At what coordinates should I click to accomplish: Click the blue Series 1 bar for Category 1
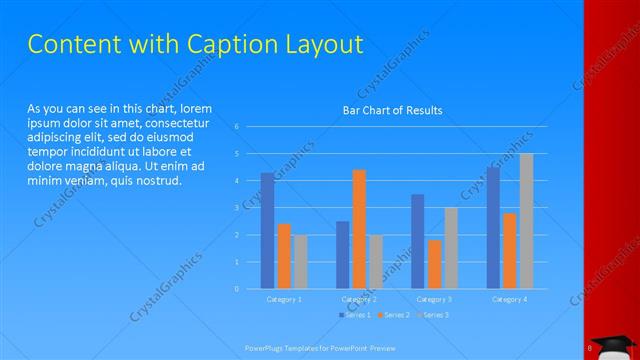tap(267, 231)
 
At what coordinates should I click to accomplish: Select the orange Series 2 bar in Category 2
tap(359, 229)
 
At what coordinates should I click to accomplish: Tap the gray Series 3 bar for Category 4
tap(526, 221)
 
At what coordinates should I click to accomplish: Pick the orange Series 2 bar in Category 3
tap(434, 264)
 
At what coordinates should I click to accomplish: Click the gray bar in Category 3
tap(451, 248)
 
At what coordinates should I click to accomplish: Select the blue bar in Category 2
tap(342, 255)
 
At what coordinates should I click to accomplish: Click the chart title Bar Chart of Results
tap(392, 110)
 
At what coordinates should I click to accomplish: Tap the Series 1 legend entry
tap(356, 315)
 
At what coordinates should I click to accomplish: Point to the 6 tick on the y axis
tap(237, 127)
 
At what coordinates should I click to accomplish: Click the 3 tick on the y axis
tap(237, 208)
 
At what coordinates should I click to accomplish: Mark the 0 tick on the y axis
tap(237, 289)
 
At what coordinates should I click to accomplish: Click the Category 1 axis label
tap(284, 299)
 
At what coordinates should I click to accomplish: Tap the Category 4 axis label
tap(509, 299)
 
